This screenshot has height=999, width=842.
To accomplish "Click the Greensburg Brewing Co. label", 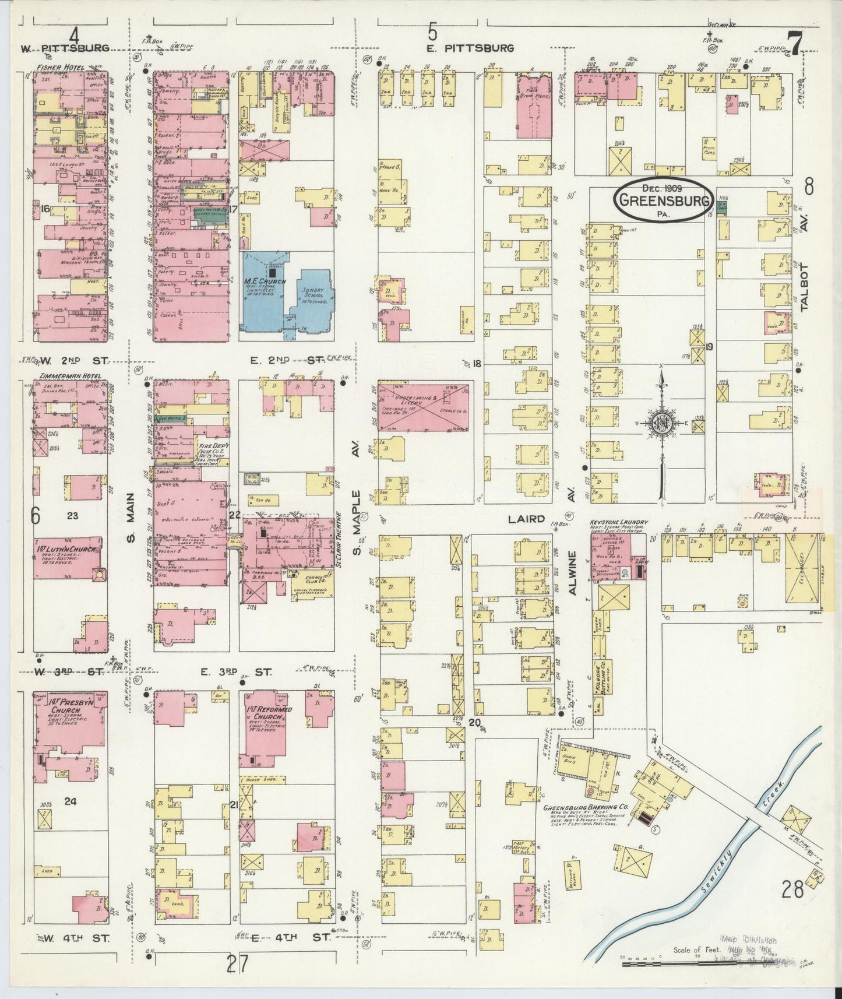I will pos(576,809).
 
